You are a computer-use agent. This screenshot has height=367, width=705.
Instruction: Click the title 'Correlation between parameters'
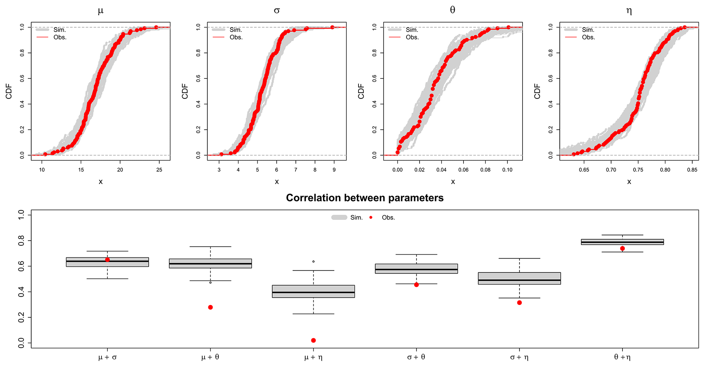click(x=364, y=198)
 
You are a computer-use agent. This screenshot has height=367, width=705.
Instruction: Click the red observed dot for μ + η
click(x=313, y=340)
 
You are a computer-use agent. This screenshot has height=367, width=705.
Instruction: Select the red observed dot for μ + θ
click(x=210, y=307)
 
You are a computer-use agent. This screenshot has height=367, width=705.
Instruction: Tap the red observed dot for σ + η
click(x=519, y=303)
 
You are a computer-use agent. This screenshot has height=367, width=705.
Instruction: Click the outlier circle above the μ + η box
click(x=313, y=262)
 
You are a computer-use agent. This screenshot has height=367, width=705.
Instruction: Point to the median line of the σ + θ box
click(x=416, y=270)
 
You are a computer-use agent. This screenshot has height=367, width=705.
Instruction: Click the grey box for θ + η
click(x=622, y=242)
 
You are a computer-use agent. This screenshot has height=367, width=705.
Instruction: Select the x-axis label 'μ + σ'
click(x=107, y=357)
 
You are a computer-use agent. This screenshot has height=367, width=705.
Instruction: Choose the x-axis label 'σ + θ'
click(x=416, y=357)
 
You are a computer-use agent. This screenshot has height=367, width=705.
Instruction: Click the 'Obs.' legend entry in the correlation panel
click(x=388, y=218)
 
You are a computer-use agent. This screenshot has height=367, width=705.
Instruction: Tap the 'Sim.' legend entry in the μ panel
click(x=59, y=30)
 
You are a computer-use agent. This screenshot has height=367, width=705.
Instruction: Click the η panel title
click(x=629, y=11)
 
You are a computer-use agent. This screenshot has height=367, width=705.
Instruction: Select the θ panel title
click(x=453, y=10)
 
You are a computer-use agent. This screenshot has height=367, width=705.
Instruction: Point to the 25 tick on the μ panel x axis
click(x=159, y=170)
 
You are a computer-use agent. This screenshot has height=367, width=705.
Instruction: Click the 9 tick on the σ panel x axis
click(x=334, y=170)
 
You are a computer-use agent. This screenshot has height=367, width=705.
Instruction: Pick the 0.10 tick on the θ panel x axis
click(x=508, y=170)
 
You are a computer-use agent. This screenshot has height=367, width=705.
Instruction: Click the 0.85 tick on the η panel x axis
click(x=692, y=170)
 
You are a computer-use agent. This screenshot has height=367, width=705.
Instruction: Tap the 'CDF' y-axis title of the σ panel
click(x=185, y=91)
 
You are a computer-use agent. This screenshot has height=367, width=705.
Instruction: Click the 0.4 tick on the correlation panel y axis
click(x=21, y=292)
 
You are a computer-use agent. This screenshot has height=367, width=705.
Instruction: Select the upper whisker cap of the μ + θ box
click(x=210, y=246)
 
